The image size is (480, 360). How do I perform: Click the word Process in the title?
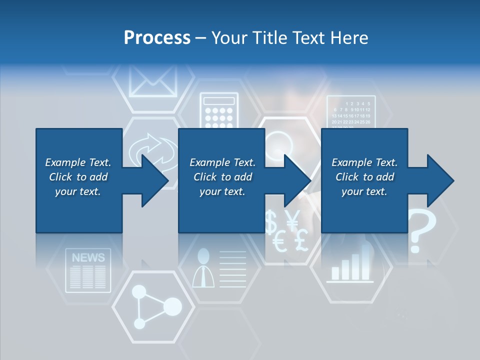[157, 38]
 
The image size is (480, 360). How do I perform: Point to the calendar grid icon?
[351, 112]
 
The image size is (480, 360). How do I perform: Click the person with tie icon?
[203, 268]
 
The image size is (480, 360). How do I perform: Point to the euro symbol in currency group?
[280, 243]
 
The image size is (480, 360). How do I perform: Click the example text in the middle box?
[222, 177]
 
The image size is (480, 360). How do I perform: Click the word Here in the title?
[349, 38]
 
